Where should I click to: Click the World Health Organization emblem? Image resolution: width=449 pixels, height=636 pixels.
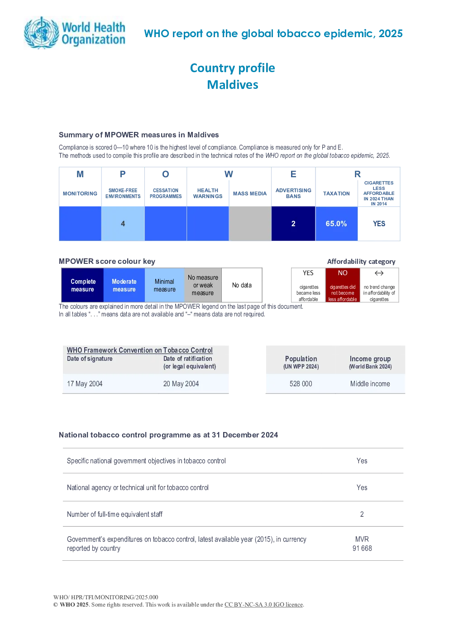point(42,33)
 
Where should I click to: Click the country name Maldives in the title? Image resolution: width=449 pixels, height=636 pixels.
point(233,85)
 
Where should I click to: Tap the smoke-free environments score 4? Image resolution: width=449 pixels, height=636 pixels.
point(123,224)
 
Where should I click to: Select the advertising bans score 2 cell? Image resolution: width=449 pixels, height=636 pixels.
point(293,224)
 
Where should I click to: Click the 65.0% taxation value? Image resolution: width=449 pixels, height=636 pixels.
point(336,224)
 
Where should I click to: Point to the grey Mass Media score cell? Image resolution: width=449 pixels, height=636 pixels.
point(250,224)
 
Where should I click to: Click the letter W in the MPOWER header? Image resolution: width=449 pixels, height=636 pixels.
point(229,174)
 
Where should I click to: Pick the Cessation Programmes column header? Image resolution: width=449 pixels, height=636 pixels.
point(166,194)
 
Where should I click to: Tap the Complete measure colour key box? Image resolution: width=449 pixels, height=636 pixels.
point(82,285)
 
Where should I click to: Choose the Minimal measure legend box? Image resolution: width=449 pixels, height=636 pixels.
point(164,285)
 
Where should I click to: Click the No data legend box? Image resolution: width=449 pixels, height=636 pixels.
point(242,285)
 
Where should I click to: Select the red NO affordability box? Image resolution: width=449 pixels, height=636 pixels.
point(343,285)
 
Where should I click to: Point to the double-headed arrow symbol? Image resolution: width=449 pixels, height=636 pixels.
point(379,273)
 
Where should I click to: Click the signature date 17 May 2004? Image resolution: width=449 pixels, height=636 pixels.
point(85,384)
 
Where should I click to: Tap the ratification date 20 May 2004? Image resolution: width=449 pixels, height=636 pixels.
point(181,384)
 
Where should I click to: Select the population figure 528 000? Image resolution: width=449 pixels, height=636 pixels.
point(301,384)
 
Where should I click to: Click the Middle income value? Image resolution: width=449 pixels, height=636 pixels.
point(370,384)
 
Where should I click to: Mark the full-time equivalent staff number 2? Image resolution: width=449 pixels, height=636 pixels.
point(362,514)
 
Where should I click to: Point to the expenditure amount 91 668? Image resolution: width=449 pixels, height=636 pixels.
point(362,548)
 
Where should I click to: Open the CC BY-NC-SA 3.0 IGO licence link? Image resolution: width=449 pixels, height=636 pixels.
point(263,604)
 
